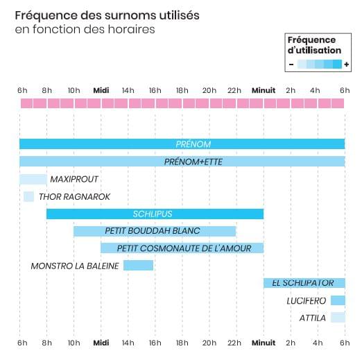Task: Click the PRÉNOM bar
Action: click(x=182, y=144)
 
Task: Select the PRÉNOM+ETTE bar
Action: click(x=182, y=162)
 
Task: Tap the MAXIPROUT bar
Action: click(x=33, y=179)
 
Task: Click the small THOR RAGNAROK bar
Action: click(x=28, y=196)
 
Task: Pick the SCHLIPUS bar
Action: click(x=155, y=214)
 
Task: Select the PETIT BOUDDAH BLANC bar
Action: click(x=155, y=231)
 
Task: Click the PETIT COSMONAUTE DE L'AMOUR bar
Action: click(x=182, y=248)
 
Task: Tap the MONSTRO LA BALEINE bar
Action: click(x=138, y=266)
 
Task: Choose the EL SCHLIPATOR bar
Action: click(x=304, y=283)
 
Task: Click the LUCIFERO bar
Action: click(x=338, y=300)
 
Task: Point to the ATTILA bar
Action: click(x=338, y=317)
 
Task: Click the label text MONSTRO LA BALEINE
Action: click(x=75, y=266)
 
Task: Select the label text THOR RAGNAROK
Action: click(x=74, y=197)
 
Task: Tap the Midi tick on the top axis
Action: click(x=101, y=90)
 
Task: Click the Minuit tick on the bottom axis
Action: click(x=264, y=343)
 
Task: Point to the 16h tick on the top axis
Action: click(x=155, y=90)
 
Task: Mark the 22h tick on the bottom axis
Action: click(x=234, y=343)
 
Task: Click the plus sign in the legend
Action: click(x=346, y=65)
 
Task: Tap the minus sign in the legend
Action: click(x=291, y=65)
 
